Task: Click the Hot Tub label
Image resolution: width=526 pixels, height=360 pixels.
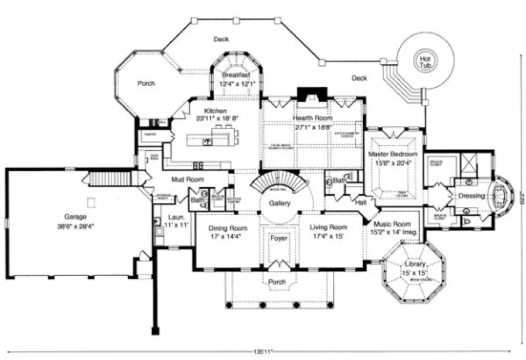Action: point(423,61)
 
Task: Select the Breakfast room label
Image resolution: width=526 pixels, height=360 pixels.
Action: point(236,75)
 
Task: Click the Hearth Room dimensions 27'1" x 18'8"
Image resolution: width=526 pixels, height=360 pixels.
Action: point(313,126)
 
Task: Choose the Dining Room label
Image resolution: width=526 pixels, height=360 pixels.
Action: point(228,228)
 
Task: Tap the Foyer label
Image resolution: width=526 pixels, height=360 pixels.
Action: point(279,238)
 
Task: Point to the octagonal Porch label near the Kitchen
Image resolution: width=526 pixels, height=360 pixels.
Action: point(146,83)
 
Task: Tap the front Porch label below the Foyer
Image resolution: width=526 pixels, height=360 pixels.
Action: point(277,282)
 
